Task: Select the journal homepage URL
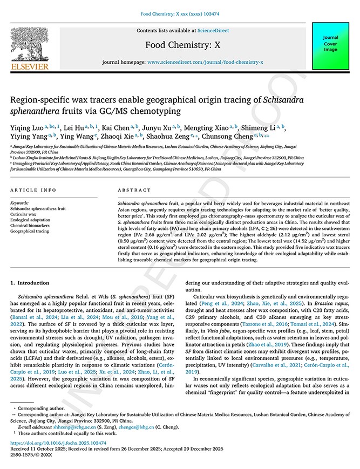click(205, 62)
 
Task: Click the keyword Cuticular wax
click(24, 214)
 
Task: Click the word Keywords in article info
click(19, 203)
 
